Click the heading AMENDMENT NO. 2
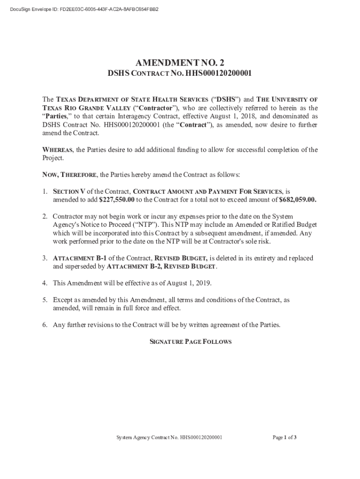180,63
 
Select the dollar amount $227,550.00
117,200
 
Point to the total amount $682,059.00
297,200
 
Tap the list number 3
44,258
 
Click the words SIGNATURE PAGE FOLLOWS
190,342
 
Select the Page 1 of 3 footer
285,438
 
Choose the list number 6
44,325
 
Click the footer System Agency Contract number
169,438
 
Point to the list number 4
44,283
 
